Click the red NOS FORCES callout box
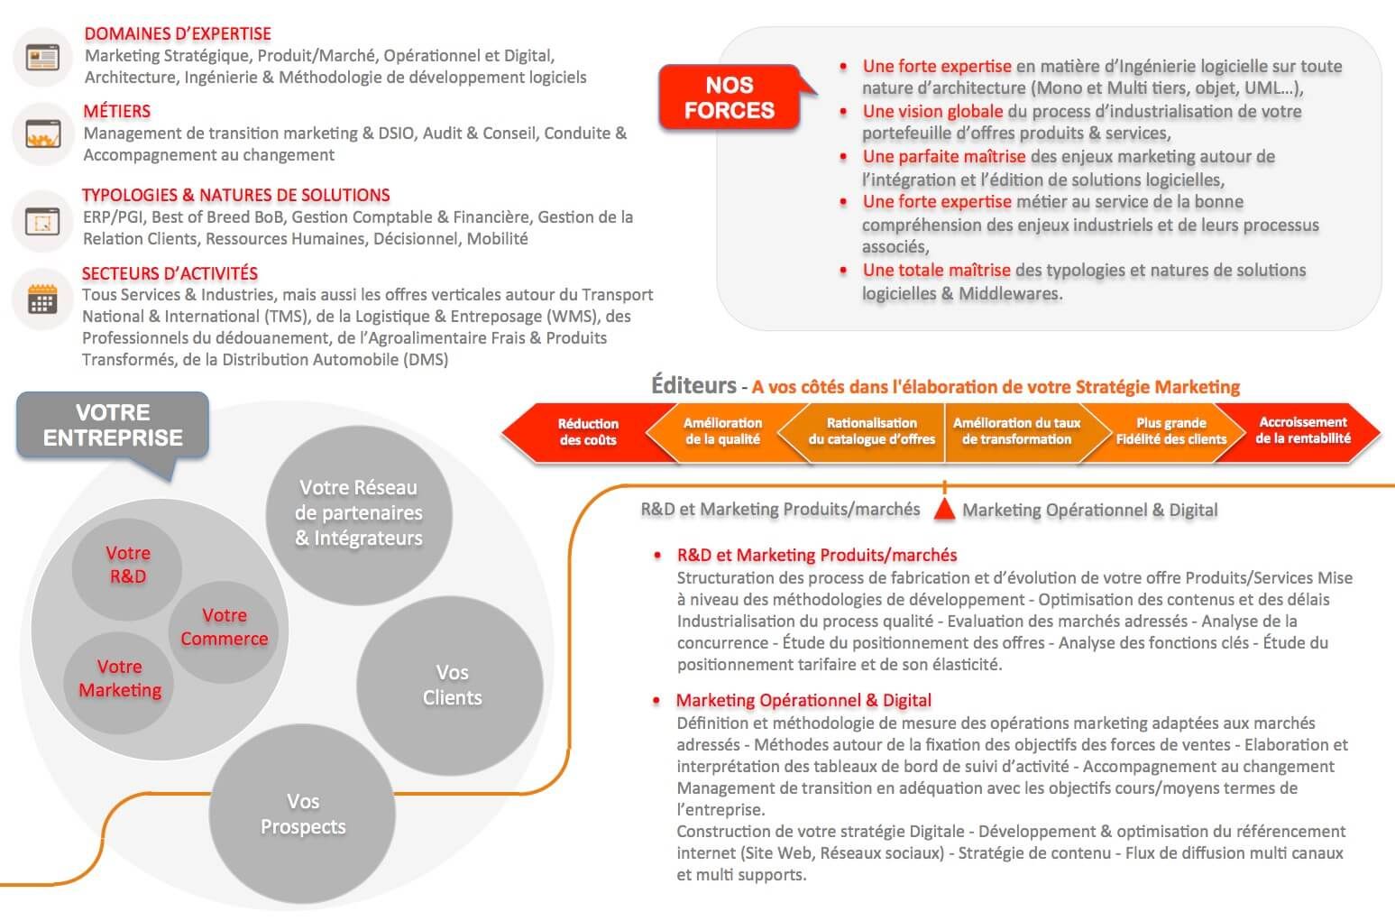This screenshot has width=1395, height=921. (x=729, y=97)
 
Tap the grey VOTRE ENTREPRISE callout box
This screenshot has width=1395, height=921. (x=113, y=425)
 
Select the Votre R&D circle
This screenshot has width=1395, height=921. (x=127, y=565)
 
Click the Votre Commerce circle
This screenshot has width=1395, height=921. (x=224, y=627)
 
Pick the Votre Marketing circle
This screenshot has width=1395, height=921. (x=119, y=678)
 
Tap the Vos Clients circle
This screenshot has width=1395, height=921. (x=451, y=685)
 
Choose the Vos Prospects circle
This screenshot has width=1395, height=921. (x=303, y=814)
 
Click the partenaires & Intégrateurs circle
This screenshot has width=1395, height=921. (x=359, y=512)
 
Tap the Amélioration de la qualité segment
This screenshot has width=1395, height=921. (x=722, y=431)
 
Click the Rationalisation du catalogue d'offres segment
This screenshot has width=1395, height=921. (x=871, y=431)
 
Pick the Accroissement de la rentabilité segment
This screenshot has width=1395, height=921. (x=1303, y=430)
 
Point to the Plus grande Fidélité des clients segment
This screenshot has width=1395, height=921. (x=1170, y=431)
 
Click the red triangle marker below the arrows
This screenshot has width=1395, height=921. (x=944, y=510)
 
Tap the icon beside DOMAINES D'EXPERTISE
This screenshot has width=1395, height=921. (x=42, y=57)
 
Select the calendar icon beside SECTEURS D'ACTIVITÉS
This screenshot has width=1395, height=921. (x=42, y=299)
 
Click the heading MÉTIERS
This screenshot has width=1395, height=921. (x=117, y=112)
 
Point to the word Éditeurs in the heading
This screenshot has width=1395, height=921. (x=693, y=385)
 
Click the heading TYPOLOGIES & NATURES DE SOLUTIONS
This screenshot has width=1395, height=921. (x=236, y=195)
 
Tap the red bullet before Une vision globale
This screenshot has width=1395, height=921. (x=843, y=112)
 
